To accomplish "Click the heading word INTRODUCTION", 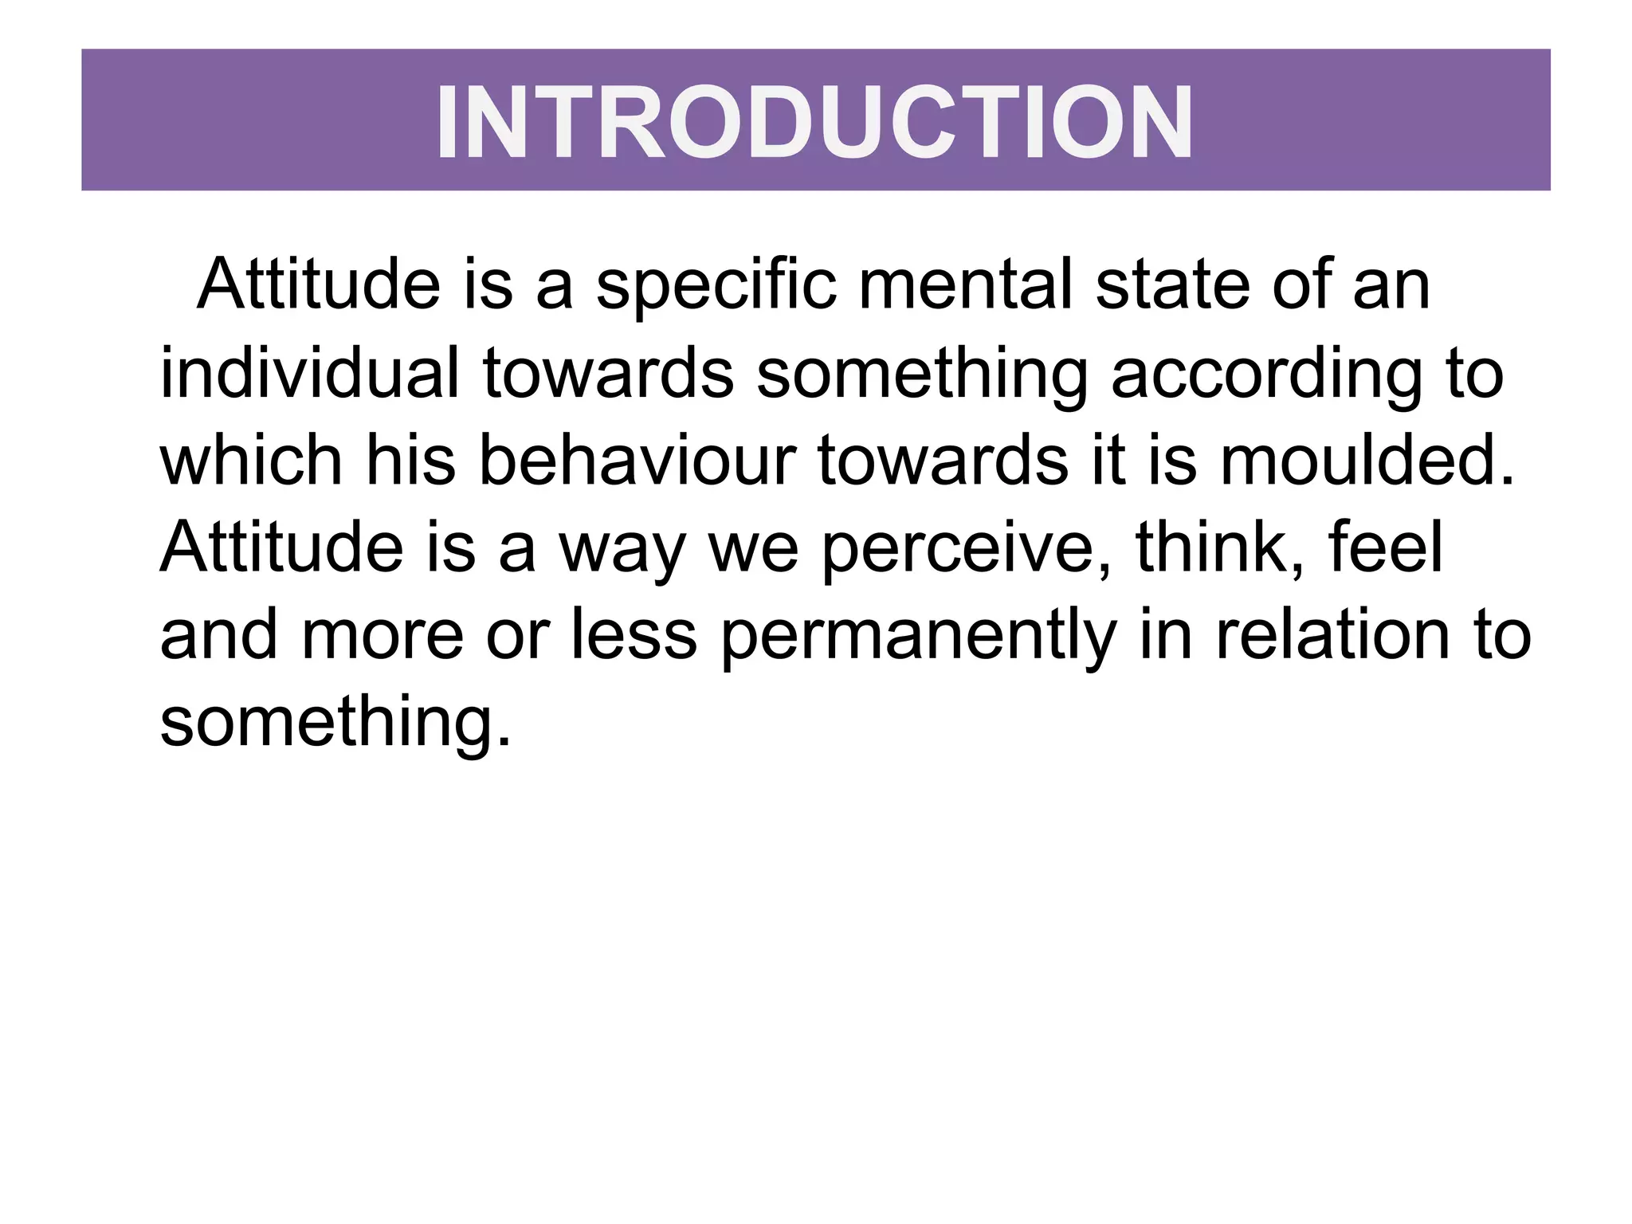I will [814, 122].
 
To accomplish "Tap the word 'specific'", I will [716, 285].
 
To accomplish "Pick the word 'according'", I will [1266, 375].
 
